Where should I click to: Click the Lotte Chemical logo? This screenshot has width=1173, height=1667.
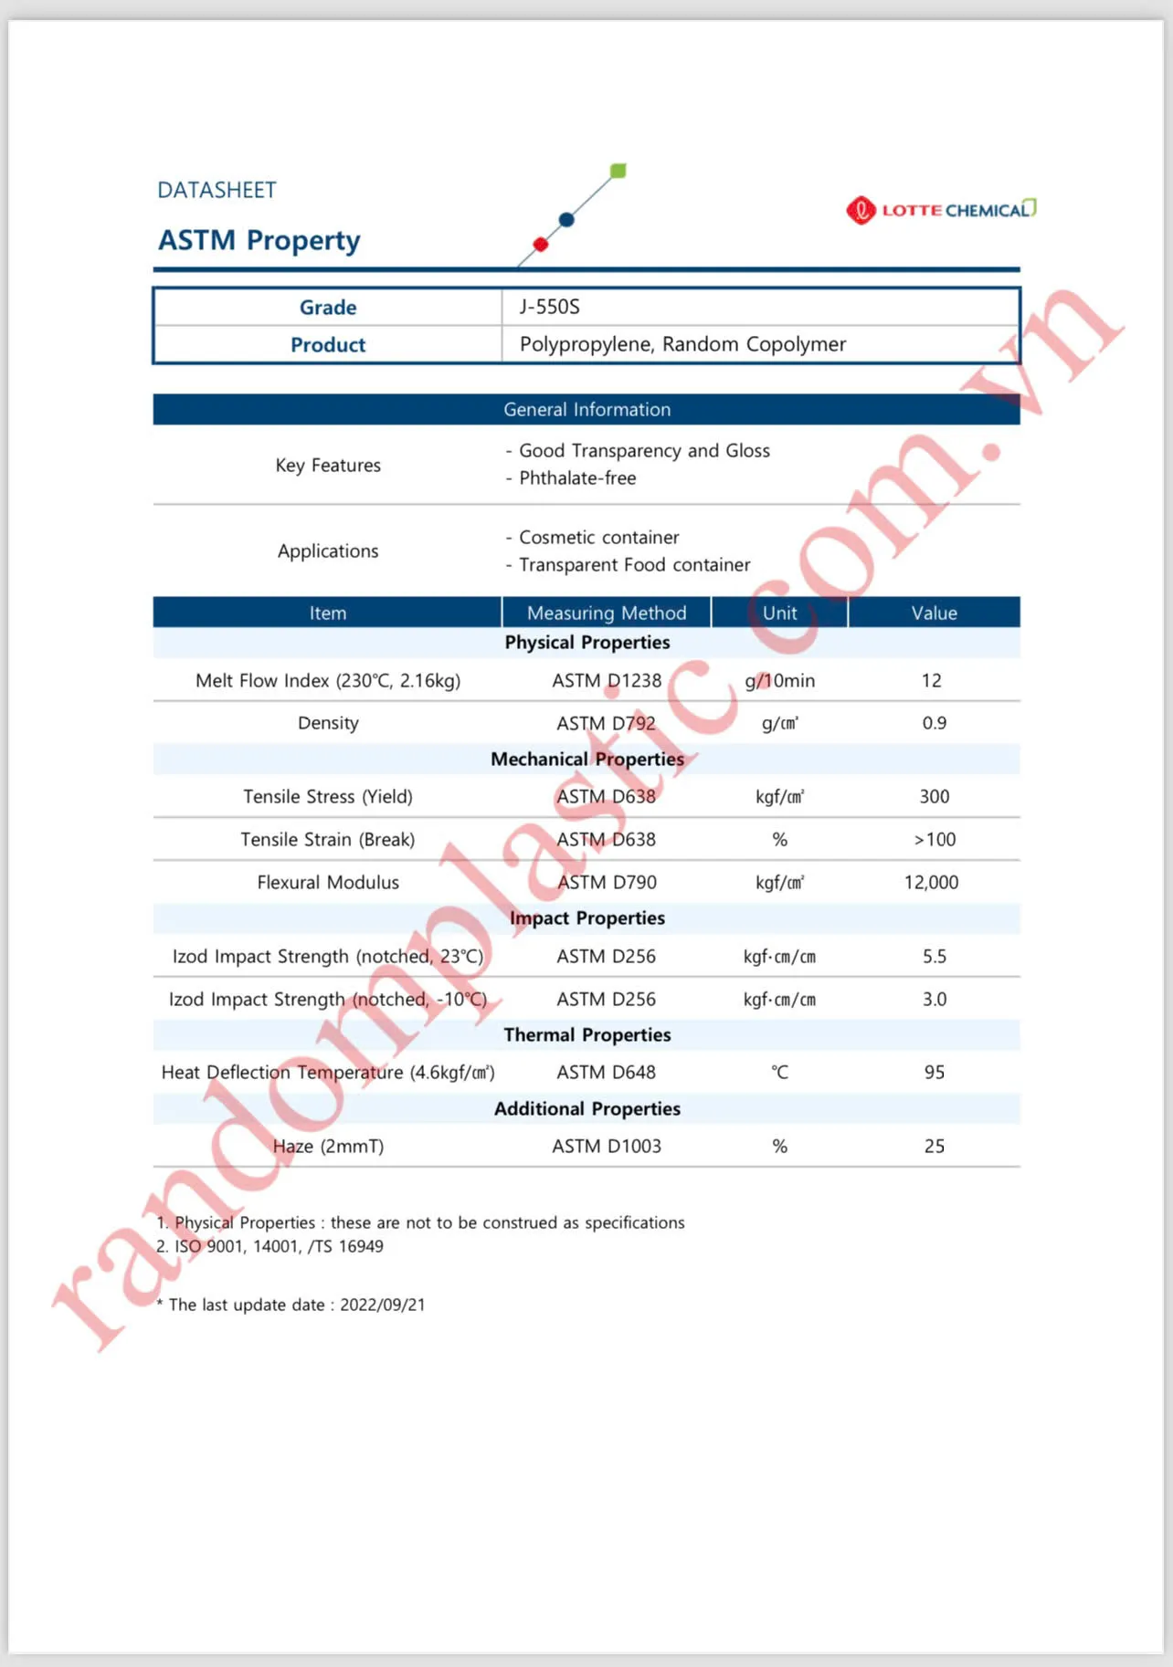(941, 210)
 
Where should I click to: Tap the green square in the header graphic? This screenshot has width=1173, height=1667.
(618, 171)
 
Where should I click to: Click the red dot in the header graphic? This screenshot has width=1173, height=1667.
(541, 244)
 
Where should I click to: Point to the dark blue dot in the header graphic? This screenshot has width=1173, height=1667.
(566, 219)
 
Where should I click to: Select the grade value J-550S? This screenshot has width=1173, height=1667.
(550, 307)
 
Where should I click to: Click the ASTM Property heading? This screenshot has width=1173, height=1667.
(259, 240)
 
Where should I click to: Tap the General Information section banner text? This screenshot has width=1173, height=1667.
(586, 410)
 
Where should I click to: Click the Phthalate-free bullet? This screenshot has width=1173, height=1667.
(577, 478)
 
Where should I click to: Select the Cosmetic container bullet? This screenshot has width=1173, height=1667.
(598, 538)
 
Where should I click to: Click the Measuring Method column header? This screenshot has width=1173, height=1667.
(607, 613)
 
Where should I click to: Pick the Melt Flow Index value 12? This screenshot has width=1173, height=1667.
(932, 681)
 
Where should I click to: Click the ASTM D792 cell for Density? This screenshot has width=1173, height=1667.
(607, 724)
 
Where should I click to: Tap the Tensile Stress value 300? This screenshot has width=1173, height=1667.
(934, 797)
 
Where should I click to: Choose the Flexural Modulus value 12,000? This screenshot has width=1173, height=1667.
(931, 883)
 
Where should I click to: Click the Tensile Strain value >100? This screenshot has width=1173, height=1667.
(935, 840)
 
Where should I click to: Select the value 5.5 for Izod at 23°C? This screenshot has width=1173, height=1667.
(934, 957)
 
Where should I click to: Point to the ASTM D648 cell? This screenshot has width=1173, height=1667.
(607, 1073)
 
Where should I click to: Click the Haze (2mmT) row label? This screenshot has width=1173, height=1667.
(328, 1147)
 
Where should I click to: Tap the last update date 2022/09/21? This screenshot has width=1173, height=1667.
(383, 1305)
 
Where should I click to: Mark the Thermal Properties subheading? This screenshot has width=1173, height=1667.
(586, 1035)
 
